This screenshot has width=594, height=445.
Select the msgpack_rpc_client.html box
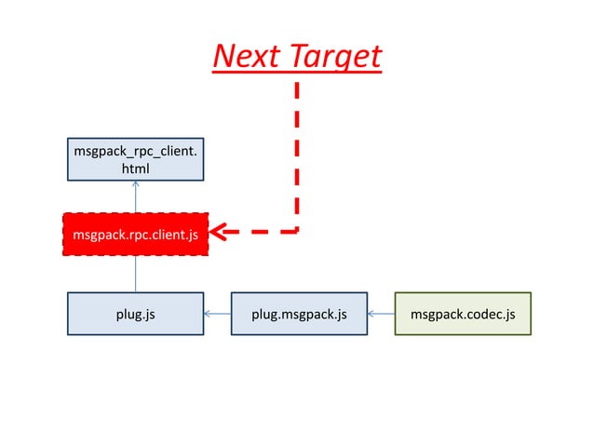point(136,158)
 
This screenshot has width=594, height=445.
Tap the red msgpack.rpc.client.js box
point(136,234)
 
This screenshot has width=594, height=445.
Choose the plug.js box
point(136,314)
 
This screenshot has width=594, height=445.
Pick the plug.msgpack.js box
point(299,314)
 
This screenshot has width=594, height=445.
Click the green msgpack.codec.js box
point(463,314)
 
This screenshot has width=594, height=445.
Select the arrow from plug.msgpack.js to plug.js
point(217,314)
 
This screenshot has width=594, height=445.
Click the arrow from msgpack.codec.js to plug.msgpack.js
point(381,314)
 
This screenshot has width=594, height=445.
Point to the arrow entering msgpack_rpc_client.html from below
point(136,196)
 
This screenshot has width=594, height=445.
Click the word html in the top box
point(136,169)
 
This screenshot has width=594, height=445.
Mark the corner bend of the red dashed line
point(297,231)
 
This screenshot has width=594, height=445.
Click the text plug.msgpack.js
point(299,315)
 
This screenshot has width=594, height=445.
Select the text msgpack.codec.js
point(463,315)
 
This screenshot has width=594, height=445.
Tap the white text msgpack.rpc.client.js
point(135,235)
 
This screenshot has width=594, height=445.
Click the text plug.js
point(136,315)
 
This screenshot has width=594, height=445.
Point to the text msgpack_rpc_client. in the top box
point(136,149)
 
